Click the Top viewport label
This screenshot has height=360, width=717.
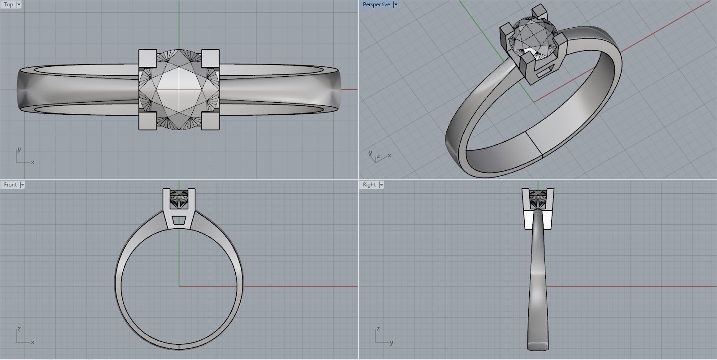pos(8,4)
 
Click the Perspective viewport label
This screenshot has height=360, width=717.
pos(376,4)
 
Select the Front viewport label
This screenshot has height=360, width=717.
pos(10,185)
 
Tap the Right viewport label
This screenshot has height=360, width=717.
pos(369,185)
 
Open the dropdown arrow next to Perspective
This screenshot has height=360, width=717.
pos(395,4)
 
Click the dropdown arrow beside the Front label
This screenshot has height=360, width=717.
pos(22,185)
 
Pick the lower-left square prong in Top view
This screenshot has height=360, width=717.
pos(147,121)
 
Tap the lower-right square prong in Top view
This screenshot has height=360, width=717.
pos(210,121)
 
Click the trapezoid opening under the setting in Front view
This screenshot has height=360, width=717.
pos(179,220)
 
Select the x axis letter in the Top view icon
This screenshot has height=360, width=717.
pos(33,162)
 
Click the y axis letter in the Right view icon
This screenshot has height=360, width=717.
pos(391,343)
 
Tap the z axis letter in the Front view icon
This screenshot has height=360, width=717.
pos(19,329)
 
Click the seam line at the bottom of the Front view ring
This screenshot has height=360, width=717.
pos(179,346)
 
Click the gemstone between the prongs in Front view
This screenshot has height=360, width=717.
pos(179,199)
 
